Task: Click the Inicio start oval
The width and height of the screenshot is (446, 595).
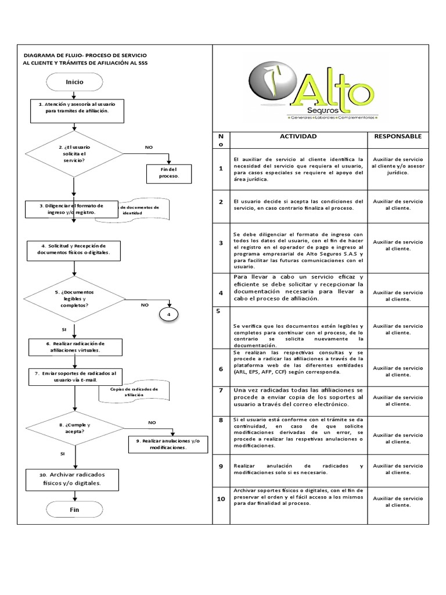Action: [74, 83]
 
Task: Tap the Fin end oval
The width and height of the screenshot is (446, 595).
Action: [74, 510]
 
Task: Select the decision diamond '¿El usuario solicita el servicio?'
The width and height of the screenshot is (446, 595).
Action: [74, 154]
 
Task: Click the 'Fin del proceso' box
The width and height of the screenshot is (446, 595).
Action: [168, 172]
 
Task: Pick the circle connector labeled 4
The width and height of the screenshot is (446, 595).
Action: [169, 314]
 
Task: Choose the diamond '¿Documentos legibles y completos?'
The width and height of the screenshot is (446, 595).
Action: [74, 299]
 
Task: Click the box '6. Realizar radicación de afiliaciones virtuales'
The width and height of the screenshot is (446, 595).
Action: [75, 347]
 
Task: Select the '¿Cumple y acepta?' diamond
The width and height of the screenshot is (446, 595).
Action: [74, 429]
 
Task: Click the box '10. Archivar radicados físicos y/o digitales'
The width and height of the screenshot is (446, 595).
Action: [74, 478]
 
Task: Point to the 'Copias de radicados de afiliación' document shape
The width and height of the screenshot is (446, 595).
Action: [134, 392]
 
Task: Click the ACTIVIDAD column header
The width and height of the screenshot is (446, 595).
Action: [298, 137]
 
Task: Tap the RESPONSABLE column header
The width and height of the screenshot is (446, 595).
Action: [398, 137]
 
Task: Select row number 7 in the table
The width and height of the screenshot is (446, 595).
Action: [221, 390]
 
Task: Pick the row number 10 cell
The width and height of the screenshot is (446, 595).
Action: [221, 500]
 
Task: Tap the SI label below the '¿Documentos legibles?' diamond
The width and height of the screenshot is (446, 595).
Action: [64, 329]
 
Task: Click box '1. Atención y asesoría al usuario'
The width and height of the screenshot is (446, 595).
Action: [77, 110]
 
